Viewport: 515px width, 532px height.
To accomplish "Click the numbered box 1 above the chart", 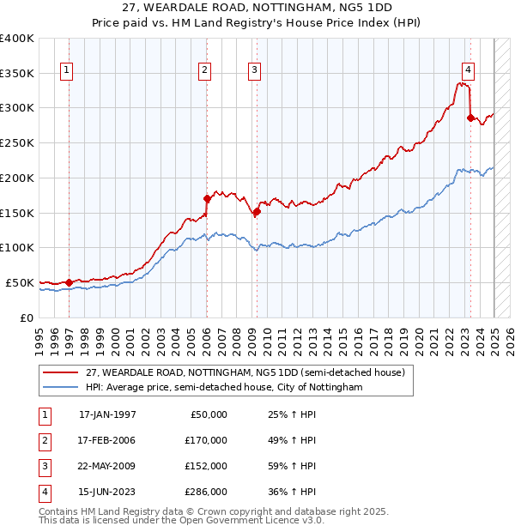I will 66,71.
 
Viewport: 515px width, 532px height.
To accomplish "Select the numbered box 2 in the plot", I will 205,71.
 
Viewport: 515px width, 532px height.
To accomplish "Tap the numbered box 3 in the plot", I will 255,71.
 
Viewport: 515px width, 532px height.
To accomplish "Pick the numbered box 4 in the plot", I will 468,71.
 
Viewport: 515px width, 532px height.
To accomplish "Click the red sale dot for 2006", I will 207,199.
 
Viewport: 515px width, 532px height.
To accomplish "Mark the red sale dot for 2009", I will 257,211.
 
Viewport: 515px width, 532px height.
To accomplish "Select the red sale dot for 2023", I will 470,118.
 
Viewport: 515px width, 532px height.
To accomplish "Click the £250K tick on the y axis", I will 17,142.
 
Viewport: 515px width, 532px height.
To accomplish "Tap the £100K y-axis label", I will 17,247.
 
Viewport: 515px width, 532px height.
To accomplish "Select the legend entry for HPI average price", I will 224,388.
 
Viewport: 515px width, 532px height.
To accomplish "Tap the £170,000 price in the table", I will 207,440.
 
